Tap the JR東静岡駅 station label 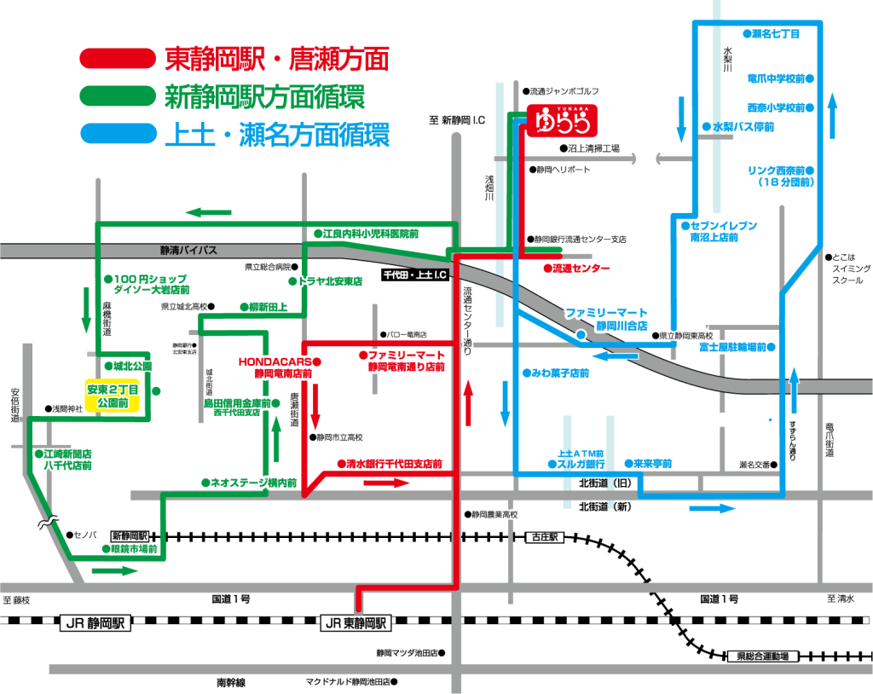[x=355, y=622]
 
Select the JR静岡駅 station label [x=94, y=622]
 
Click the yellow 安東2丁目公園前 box [x=113, y=396]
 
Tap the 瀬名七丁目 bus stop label [x=775, y=34]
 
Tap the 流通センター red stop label [x=580, y=269]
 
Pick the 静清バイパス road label [x=188, y=251]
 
